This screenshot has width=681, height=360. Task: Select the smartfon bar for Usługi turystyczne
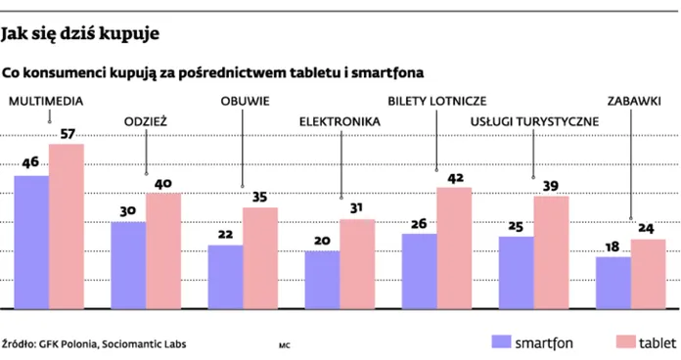[516, 272]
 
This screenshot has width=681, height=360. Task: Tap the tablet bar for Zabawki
[648, 273]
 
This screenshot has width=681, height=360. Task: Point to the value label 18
[613, 247]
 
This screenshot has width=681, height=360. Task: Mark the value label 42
[454, 178]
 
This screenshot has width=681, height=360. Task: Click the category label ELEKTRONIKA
[339, 121]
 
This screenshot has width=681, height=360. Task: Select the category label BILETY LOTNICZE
[437, 101]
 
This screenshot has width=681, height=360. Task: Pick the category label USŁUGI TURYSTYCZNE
[533, 121]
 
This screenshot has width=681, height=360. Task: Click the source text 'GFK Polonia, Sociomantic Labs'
[113, 344]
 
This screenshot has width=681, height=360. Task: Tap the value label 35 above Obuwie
[260, 197]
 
